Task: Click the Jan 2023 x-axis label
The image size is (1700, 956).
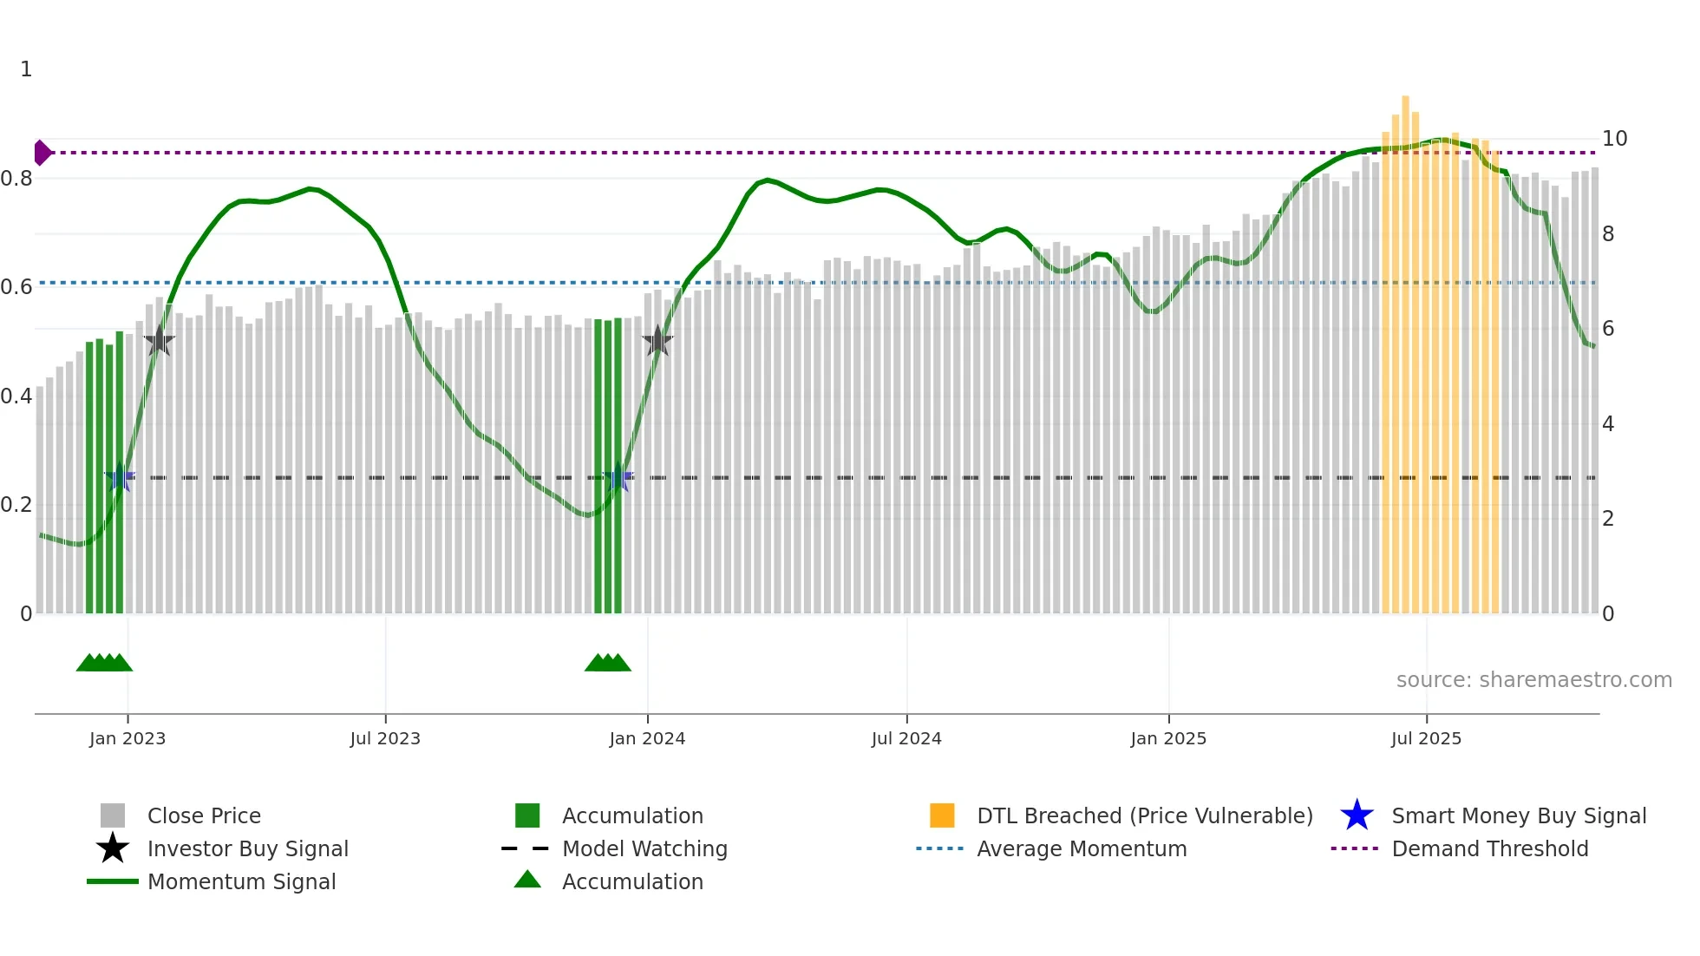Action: click(127, 738)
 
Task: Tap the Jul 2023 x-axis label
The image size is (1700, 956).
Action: click(385, 738)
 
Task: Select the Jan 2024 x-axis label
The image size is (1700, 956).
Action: click(647, 738)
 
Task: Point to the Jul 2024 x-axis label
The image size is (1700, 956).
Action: click(906, 738)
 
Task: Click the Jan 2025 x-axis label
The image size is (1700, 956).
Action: click(1168, 738)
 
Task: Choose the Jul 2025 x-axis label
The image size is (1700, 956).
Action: click(1426, 738)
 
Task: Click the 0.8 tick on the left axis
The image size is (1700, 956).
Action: click(16, 179)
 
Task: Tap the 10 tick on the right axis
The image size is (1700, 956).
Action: click(1614, 139)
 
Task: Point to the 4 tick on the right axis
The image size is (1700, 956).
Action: click(1608, 424)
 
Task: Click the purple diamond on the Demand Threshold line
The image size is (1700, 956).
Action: click(42, 153)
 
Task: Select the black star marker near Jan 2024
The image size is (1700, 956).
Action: click(657, 341)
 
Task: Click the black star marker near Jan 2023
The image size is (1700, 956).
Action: click(159, 341)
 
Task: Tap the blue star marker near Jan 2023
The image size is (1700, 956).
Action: click(120, 477)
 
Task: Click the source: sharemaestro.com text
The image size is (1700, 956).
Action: click(1533, 680)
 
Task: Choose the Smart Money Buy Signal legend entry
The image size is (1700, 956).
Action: click(1518, 815)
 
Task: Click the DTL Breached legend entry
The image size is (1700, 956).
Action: click(1144, 815)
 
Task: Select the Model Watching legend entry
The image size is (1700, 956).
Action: click(644, 848)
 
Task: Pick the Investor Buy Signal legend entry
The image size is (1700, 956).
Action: click(247, 848)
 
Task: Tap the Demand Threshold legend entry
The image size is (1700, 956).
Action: click(1489, 848)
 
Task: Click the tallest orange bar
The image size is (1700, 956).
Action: click(1405, 347)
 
